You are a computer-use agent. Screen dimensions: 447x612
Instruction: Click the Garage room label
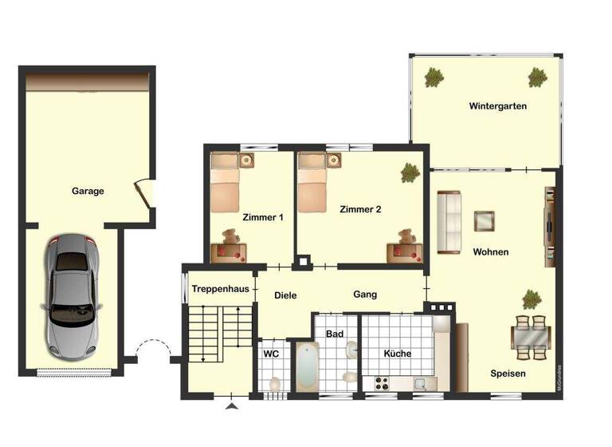click(x=88, y=191)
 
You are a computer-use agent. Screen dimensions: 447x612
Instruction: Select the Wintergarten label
click(x=497, y=105)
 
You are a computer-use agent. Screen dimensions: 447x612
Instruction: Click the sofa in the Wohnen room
click(x=449, y=222)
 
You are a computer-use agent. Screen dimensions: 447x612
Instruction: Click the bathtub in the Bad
click(x=308, y=367)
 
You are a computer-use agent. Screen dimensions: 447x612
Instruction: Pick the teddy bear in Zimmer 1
click(x=232, y=236)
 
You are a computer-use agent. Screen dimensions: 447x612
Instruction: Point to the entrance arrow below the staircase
click(x=232, y=407)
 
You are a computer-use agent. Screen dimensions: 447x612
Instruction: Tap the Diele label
click(x=285, y=295)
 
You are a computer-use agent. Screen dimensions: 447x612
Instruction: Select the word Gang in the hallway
click(x=365, y=295)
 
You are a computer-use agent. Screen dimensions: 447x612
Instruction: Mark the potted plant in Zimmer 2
click(x=410, y=172)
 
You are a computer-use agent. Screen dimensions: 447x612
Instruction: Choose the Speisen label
click(x=508, y=373)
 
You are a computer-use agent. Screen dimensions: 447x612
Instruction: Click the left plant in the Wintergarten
click(x=434, y=77)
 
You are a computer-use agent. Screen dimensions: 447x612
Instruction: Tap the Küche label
click(x=397, y=354)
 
